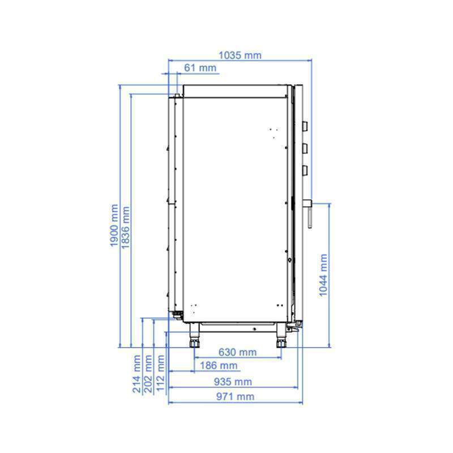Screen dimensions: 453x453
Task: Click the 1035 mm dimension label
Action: [x=240, y=55]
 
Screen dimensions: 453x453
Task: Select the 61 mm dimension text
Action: [x=200, y=68]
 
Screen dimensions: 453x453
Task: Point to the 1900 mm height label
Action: [x=114, y=225]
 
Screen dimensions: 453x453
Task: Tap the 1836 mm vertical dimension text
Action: [x=126, y=228]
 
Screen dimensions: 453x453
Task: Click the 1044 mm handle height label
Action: [x=323, y=275]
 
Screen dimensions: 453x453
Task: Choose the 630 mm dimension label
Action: [x=237, y=352]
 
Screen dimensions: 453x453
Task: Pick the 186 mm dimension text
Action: [x=219, y=365]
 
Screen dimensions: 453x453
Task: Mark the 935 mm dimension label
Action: [x=233, y=382]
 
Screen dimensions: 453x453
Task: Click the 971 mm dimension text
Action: [x=235, y=397]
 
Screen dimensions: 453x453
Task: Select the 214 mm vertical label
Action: [x=136, y=374]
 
